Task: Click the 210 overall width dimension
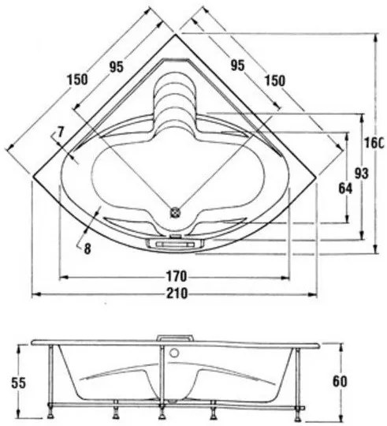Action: tap(177, 293)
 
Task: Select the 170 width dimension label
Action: tap(177, 277)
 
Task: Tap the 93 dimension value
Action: tap(362, 174)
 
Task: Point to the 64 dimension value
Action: tap(345, 189)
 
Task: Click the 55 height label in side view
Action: tap(18, 383)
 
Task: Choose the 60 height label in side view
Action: tap(340, 382)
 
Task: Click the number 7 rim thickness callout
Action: tap(60, 133)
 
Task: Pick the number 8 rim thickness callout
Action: tap(87, 248)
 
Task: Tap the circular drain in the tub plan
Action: tap(175, 212)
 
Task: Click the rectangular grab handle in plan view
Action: tap(175, 244)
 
